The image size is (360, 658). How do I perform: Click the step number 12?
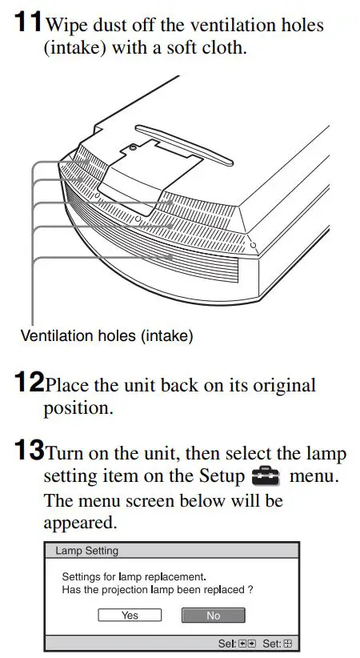pyautogui.click(x=29, y=383)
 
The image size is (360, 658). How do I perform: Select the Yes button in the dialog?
pyautogui.click(x=130, y=615)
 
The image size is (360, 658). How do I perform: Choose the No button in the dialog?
pyautogui.click(x=213, y=615)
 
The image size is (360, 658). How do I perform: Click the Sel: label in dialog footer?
pyautogui.click(x=227, y=643)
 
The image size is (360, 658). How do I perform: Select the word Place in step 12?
pyautogui.click(x=67, y=386)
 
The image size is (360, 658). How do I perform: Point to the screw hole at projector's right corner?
pyautogui.click(x=253, y=243)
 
